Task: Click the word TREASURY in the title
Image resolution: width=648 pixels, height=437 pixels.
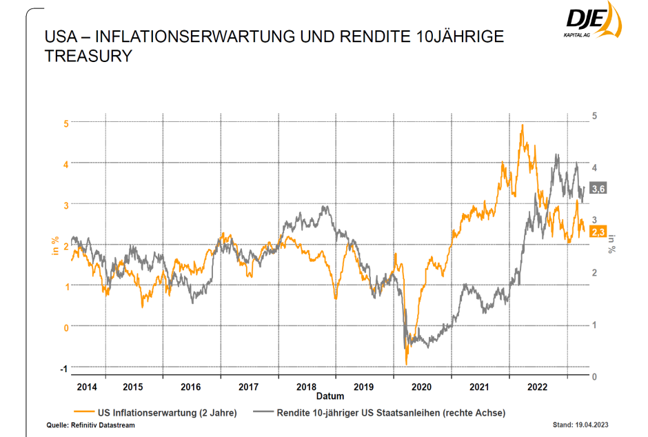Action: click(x=88, y=57)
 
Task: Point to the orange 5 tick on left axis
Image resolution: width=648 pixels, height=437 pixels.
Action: click(x=66, y=123)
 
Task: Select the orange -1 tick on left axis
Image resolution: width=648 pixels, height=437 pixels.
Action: click(x=65, y=369)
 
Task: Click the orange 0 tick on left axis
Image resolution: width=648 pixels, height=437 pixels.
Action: click(x=66, y=327)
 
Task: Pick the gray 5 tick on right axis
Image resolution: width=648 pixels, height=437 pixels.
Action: click(x=595, y=116)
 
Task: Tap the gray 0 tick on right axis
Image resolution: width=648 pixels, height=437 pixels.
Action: click(x=595, y=377)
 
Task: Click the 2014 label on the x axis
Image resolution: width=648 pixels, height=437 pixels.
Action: click(x=87, y=387)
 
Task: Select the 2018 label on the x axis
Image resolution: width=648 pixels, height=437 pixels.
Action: click(x=307, y=387)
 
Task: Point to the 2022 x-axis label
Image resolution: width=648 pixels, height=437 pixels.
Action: click(x=538, y=387)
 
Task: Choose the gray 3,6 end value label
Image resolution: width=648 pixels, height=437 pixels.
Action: click(x=598, y=189)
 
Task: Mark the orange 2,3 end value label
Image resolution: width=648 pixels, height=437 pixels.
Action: click(x=598, y=233)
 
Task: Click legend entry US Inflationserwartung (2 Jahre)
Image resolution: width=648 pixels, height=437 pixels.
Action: click(x=168, y=413)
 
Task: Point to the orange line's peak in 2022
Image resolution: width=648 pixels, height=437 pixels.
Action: click(x=522, y=125)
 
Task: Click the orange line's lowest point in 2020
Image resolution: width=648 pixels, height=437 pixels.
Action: click(x=407, y=363)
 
